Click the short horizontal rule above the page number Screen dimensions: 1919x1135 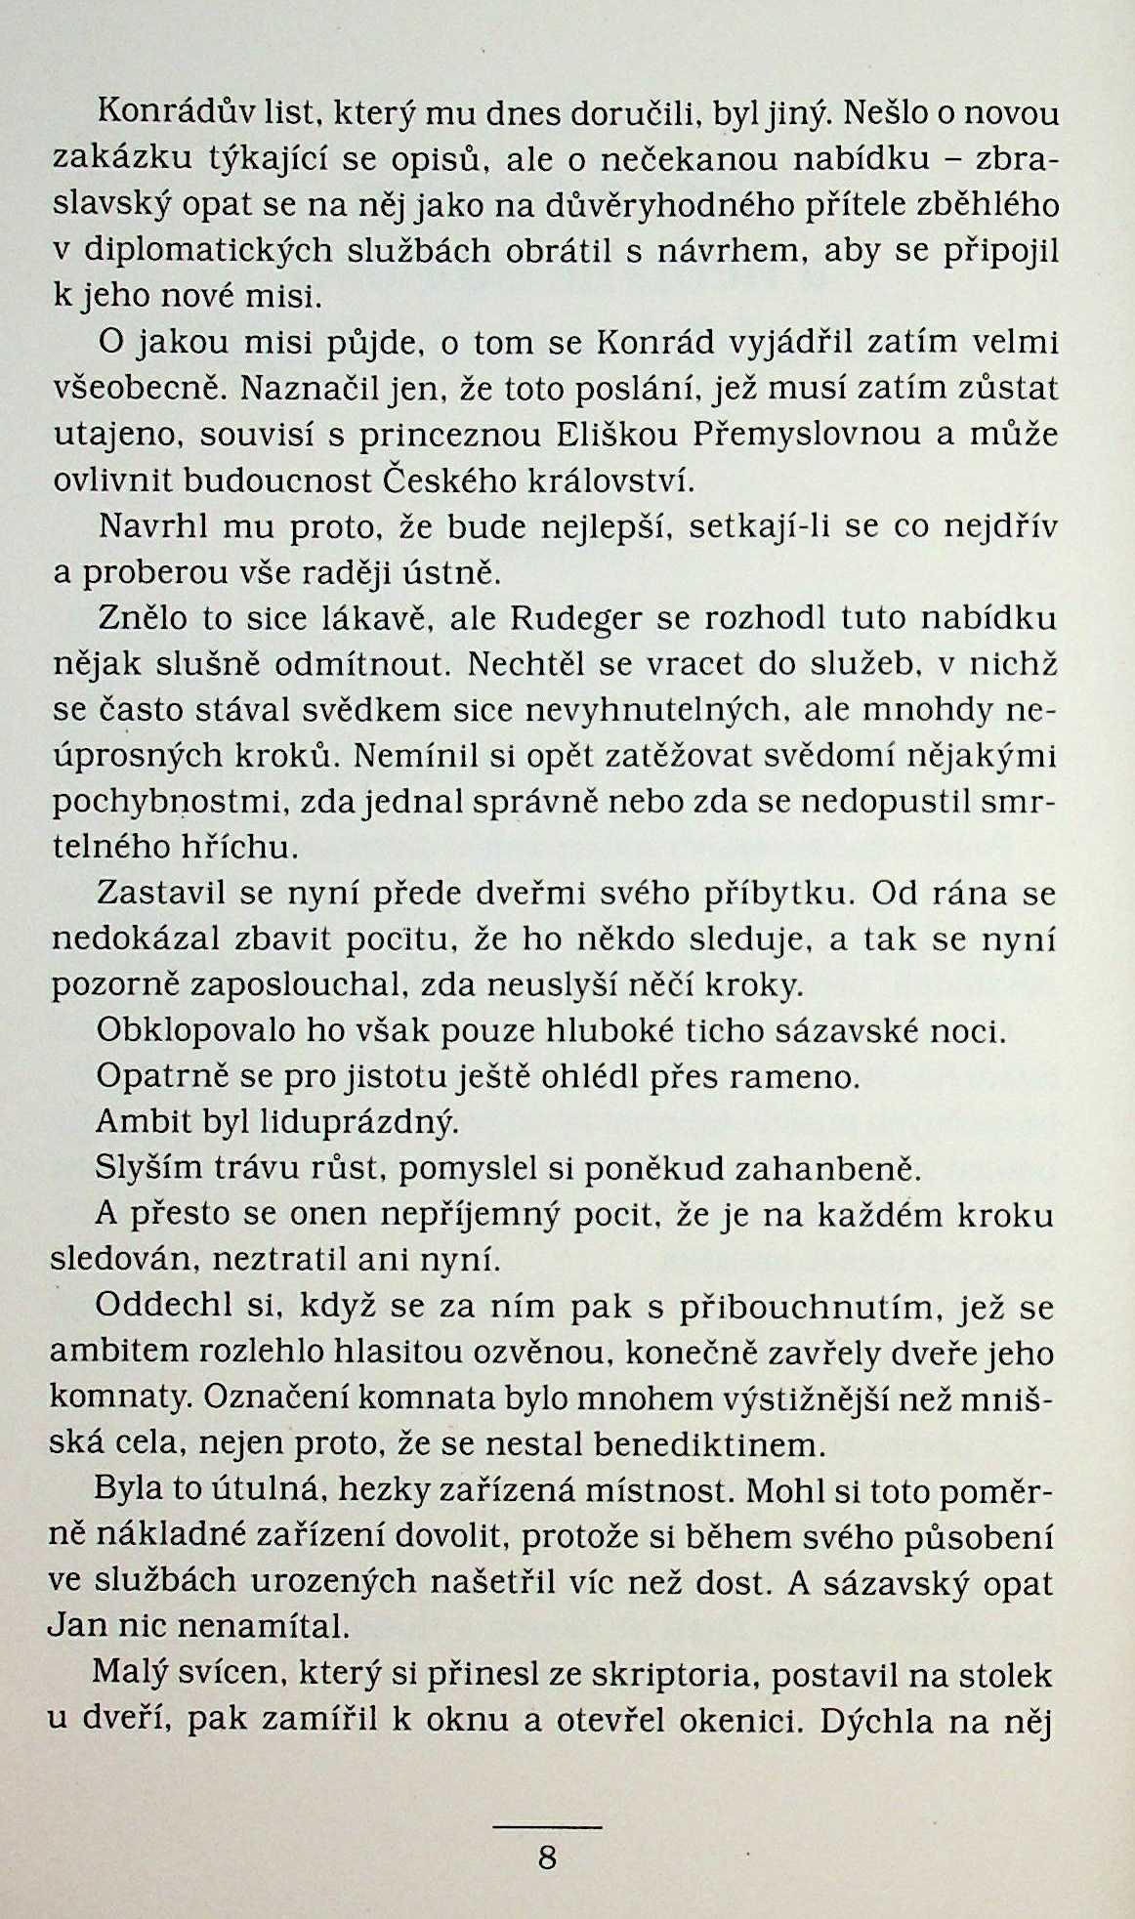[x=547, y=1825]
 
